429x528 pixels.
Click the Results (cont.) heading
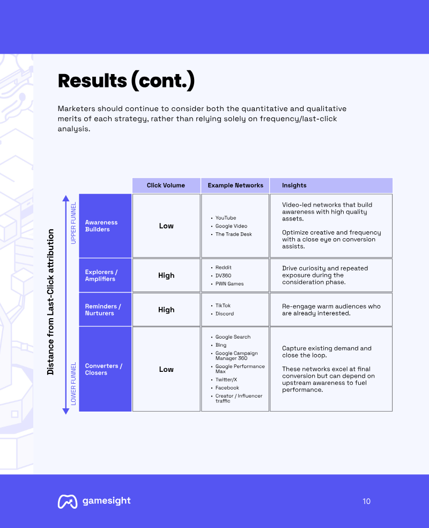click(126, 81)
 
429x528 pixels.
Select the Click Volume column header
click(166, 185)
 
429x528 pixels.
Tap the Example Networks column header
click(235, 185)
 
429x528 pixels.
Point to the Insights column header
click(294, 185)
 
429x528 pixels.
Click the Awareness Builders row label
click(101, 225)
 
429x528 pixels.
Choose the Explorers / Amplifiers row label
click(101, 275)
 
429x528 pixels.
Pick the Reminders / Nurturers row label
click(103, 310)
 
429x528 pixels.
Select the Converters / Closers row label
click(103, 369)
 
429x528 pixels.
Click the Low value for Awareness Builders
click(166, 225)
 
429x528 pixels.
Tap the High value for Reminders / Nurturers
click(166, 310)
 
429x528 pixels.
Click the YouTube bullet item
click(225, 218)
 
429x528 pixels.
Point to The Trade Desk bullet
click(233, 234)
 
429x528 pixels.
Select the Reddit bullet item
click(224, 267)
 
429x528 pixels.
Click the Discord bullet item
click(225, 313)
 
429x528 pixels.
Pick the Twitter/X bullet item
click(226, 379)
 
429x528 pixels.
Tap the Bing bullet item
click(221, 345)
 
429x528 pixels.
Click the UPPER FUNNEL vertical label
click(73, 223)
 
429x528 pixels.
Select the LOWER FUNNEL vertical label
click(73, 384)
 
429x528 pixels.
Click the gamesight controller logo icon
click(67, 501)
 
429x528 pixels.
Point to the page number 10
click(366, 501)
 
